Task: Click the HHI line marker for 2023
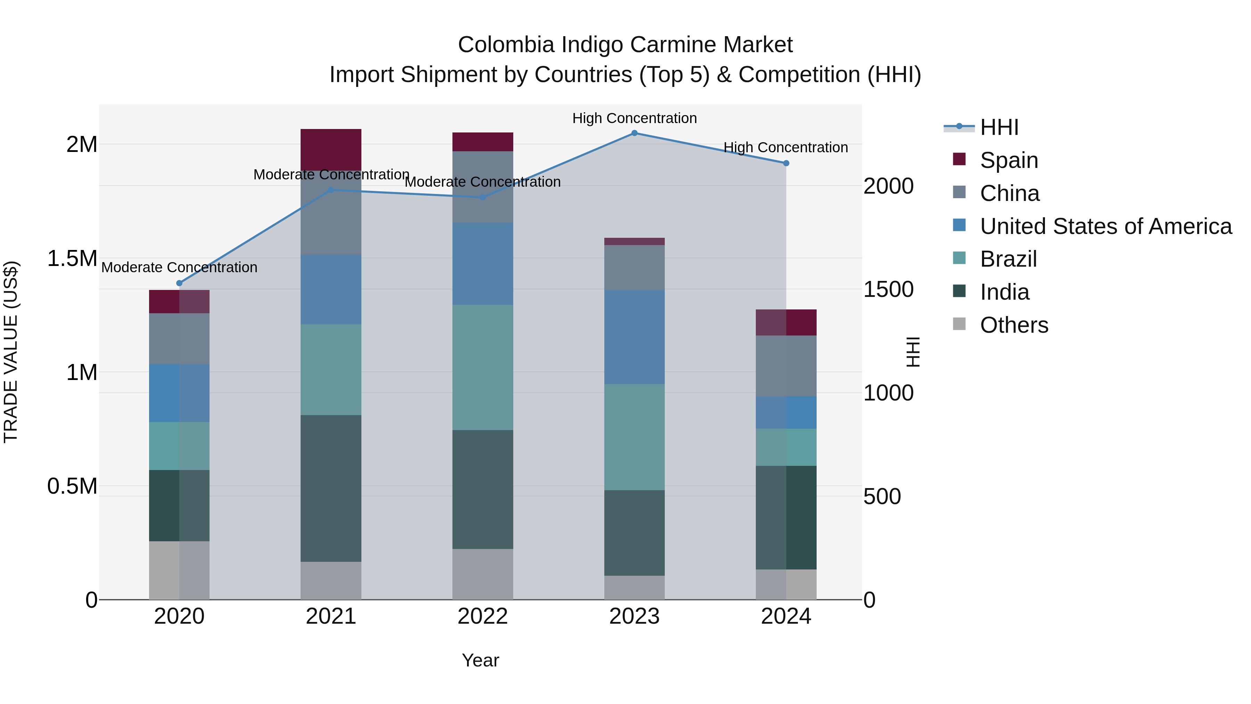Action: coord(634,133)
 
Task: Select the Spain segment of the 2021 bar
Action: coord(331,149)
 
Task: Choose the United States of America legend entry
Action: coord(1105,226)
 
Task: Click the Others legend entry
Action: coord(1014,325)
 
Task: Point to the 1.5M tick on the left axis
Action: coord(72,258)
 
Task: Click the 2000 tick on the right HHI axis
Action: coord(888,186)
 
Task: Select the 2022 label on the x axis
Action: coord(483,616)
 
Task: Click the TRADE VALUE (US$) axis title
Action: coord(11,352)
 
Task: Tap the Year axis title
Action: coord(480,660)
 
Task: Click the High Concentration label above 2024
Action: coord(785,147)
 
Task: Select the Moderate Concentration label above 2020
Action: coord(179,267)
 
